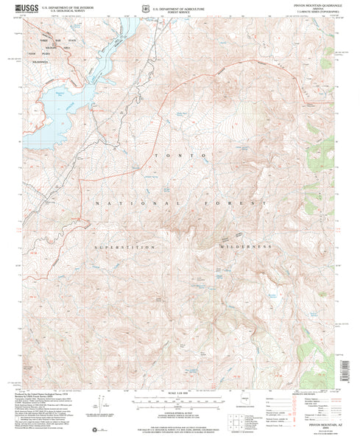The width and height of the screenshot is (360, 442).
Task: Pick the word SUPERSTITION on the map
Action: click(125, 247)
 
